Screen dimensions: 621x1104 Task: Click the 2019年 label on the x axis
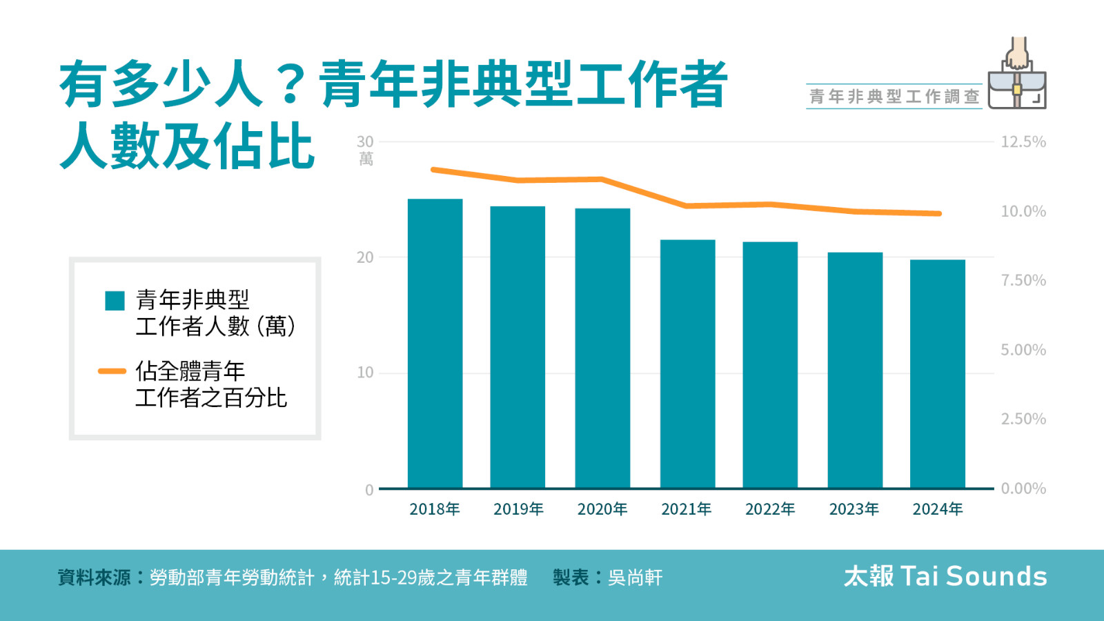pos(518,509)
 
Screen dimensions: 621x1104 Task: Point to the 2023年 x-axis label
pos(854,509)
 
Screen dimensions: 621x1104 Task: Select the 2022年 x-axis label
pos(770,509)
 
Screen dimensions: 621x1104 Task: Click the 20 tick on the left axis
pos(365,257)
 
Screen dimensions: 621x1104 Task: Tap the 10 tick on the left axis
pos(365,373)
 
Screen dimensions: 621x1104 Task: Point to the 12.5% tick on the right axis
pos(1023,142)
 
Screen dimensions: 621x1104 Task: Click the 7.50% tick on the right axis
pos(1023,281)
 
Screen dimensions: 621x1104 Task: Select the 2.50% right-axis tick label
pos(1023,420)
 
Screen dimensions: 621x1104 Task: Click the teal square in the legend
pos(115,301)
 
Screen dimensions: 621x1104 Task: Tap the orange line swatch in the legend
pos(112,371)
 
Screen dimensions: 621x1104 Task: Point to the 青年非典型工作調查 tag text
pos(894,97)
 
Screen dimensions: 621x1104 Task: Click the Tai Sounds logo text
pos(945,576)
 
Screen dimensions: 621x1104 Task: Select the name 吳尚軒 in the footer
pos(635,578)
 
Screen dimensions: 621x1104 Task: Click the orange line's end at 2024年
pos(938,214)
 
